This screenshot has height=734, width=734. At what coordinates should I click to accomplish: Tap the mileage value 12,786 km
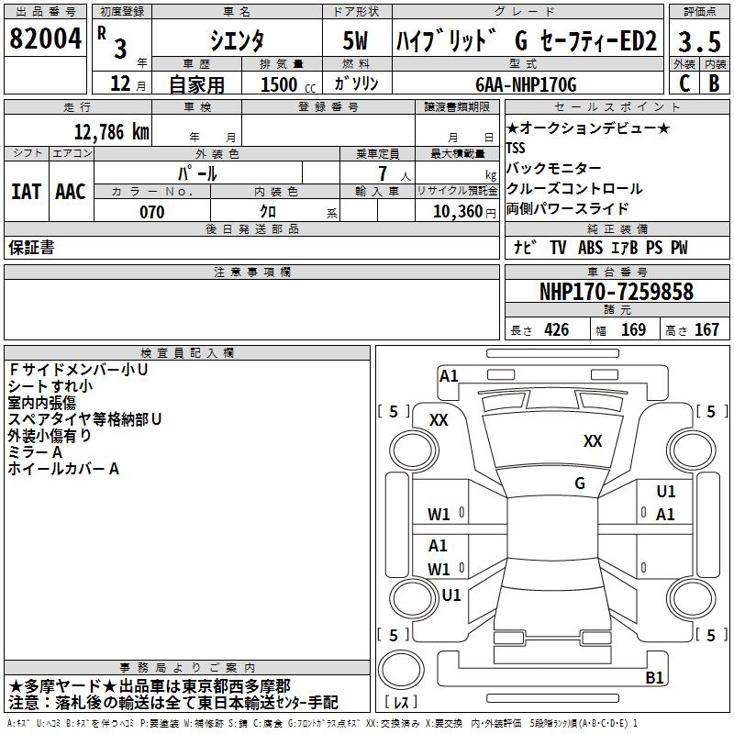(x=108, y=131)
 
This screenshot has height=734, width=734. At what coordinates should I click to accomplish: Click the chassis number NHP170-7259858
(x=617, y=292)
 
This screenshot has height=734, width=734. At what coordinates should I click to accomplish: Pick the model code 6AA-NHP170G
(x=526, y=84)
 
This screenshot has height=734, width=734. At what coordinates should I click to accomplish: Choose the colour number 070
(x=151, y=212)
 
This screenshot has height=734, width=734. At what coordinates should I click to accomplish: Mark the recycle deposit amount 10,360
(x=457, y=212)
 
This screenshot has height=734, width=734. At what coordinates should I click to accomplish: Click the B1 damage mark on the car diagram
(x=654, y=678)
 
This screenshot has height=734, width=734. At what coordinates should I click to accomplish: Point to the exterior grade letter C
(x=684, y=83)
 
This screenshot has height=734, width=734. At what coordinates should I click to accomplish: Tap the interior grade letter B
(x=714, y=83)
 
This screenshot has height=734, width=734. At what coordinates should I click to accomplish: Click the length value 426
(x=555, y=330)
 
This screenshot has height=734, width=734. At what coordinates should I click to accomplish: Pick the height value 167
(x=706, y=330)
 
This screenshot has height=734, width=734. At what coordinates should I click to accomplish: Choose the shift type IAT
(x=26, y=192)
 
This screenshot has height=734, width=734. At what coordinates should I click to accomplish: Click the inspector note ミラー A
(x=35, y=452)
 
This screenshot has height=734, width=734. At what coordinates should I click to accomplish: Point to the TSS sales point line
(x=517, y=148)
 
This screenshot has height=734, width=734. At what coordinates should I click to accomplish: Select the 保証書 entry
(x=31, y=248)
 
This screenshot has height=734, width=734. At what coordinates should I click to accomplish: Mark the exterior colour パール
(x=197, y=173)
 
